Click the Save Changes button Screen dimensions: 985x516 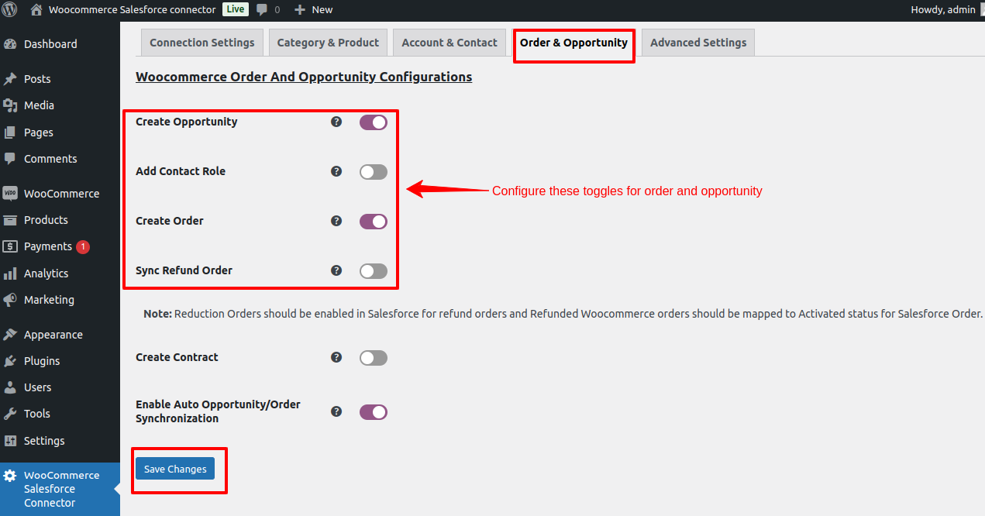pyautogui.click(x=175, y=469)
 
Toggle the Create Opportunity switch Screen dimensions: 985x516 pyautogui.click(x=374, y=122)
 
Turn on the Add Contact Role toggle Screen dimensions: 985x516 pyautogui.click(x=374, y=172)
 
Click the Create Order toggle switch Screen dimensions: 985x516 pyautogui.click(x=374, y=221)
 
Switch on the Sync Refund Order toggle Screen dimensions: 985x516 pyautogui.click(x=374, y=270)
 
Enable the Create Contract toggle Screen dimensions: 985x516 pyautogui.click(x=374, y=358)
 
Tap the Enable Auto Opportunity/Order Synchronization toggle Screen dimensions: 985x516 pyautogui.click(x=374, y=412)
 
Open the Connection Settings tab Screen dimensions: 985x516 pyautogui.click(x=202, y=43)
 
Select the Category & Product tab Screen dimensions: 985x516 pyautogui.click(x=328, y=43)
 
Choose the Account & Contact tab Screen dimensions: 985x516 pyautogui.click(x=449, y=43)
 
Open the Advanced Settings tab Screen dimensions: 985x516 pyautogui.click(x=698, y=43)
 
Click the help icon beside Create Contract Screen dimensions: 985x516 pyautogui.click(x=336, y=357)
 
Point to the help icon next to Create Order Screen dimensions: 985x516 pyautogui.click(x=336, y=221)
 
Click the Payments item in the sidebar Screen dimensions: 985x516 pyautogui.click(x=47, y=246)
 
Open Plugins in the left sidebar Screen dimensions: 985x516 pyautogui.click(x=42, y=361)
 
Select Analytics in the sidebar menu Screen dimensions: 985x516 pyautogui.click(x=46, y=273)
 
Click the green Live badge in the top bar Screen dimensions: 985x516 pyautogui.click(x=236, y=9)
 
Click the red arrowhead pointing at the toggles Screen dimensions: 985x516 pyautogui.click(x=416, y=189)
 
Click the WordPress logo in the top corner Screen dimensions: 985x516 pyautogui.click(x=9, y=9)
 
